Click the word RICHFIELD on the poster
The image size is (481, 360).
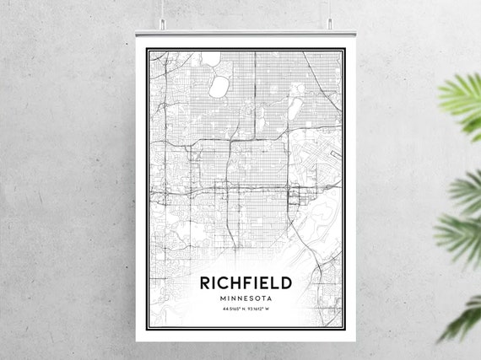tap(246, 282)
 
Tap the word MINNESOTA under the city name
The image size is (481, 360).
tap(246, 298)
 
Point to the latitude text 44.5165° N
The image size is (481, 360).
tap(233, 309)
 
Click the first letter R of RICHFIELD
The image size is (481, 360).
tap(205, 282)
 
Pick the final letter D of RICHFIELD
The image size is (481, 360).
tap(285, 282)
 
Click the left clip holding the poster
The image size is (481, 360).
tap(163, 25)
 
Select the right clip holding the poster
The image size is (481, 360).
tap(328, 25)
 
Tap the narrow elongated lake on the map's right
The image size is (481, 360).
tap(295, 108)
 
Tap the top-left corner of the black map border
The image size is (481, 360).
tap(147, 50)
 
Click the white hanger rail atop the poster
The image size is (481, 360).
tap(246, 34)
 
